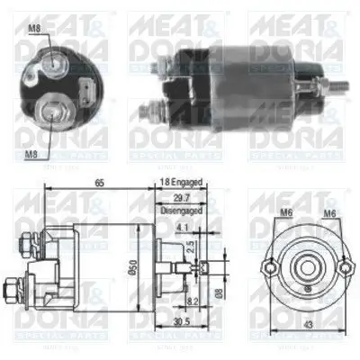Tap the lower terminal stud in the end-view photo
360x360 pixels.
[x=52, y=111]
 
